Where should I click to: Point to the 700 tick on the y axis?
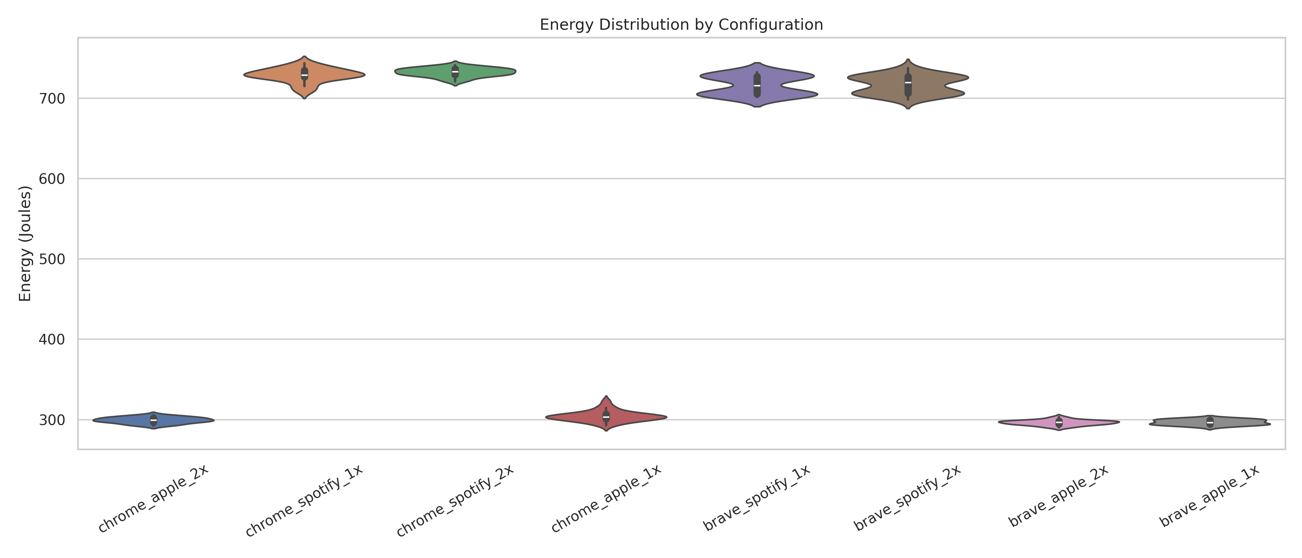52,99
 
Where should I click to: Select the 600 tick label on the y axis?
52,179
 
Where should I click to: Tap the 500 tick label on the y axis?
52,259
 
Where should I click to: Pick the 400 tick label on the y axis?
52,340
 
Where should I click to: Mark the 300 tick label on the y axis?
52,420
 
